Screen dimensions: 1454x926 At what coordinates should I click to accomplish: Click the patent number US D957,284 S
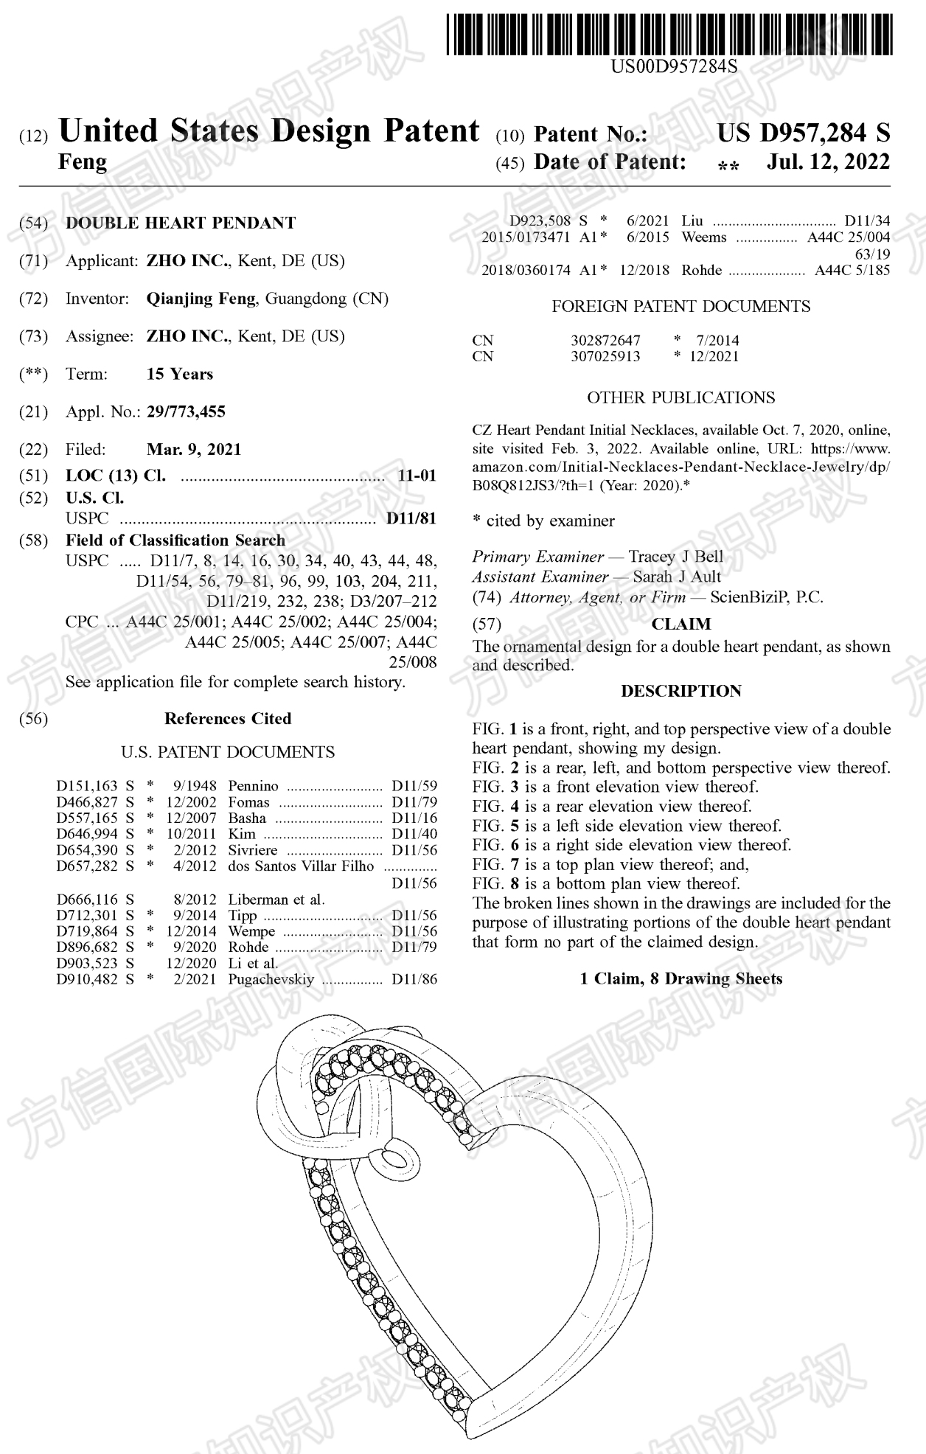[x=803, y=133]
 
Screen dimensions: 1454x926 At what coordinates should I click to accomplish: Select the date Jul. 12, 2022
[x=828, y=161]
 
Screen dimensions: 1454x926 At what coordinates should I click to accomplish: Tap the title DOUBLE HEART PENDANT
[x=181, y=223]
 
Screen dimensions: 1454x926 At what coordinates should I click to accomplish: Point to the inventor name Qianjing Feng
[x=201, y=299]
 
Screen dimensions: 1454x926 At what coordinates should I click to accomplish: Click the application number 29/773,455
[x=186, y=411]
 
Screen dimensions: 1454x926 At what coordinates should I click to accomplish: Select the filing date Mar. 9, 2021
[x=193, y=449]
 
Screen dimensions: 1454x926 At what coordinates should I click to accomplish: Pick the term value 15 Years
[x=179, y=374]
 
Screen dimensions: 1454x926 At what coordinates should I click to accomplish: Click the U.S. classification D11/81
[x=411, y=518]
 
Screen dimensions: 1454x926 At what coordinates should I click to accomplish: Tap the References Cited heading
[x=227, y=718]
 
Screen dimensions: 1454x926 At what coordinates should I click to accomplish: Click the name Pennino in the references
[x=253, y=786]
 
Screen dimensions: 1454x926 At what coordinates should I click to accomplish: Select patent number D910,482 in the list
[x=87, y=979]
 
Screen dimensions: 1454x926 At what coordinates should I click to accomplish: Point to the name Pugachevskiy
[x=271, y=979]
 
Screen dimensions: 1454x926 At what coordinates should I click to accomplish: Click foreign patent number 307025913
[x=605, y=356]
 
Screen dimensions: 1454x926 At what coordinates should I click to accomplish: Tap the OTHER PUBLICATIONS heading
[x=680, y=397]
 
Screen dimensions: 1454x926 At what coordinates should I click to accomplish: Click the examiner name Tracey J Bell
[x=675, y=557]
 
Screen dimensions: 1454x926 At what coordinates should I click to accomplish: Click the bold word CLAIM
[x=680, y=624]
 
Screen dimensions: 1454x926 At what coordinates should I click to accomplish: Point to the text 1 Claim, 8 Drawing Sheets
[x=680, y=978]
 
